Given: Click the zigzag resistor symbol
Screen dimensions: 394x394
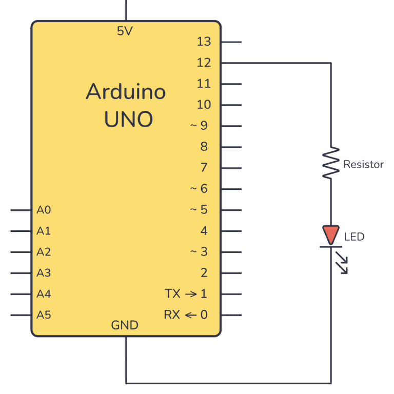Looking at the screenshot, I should point(331,163).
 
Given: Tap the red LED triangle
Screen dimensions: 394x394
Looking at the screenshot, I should point(331,234).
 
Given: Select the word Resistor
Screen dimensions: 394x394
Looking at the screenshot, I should point(363,165).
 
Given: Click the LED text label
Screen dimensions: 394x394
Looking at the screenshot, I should point(354,237).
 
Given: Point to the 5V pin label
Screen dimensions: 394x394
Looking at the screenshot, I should point(125,31).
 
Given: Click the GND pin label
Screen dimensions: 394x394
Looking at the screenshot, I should point(125,325).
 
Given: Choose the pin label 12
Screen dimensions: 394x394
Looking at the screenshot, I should point(204,63).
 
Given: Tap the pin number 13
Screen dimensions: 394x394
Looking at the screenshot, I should point(204,42).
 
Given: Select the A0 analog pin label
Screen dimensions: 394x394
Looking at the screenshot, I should point(44,210).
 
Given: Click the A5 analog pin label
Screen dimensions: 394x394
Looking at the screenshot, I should point(44,315).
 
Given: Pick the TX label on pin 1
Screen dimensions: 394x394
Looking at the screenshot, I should point(172,294).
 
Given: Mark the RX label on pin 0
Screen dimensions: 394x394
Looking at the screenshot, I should point(172,315).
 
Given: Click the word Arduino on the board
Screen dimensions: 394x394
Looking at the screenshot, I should point(126,92).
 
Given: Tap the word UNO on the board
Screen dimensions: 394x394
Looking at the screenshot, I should point(128,120).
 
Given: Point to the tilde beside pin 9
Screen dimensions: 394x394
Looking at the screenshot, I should point(194,126).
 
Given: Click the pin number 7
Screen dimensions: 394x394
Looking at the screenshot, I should point(204,168).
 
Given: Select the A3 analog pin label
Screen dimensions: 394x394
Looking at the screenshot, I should point(44,273).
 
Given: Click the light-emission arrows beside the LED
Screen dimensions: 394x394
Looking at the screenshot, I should point(340,261).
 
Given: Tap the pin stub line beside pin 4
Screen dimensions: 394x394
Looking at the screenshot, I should point(231,231).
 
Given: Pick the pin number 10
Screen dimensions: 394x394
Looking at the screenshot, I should point(204,105).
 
